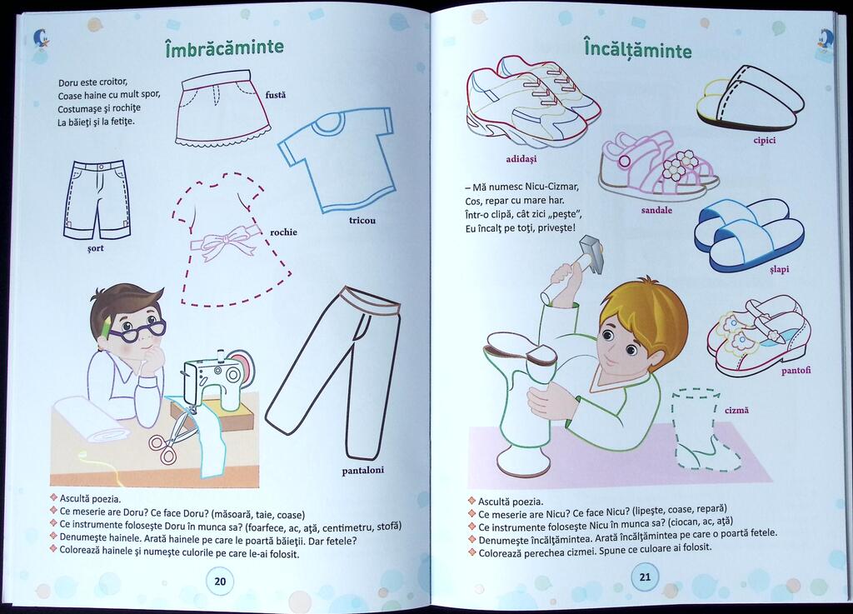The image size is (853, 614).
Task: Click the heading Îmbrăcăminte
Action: click(x=224, y=47)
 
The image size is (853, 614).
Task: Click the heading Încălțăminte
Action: click(x=637, y=49)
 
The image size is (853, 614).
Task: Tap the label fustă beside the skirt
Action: click(x=275, y=95)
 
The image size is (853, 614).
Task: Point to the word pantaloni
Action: click(x=363, y=471)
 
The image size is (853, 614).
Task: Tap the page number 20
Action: click(x=220, y=582)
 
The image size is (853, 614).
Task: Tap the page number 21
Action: click(x=645, y=577)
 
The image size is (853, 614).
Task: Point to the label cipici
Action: click(x=765, y=140)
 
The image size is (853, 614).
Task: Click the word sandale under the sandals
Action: click(x=656, y=210)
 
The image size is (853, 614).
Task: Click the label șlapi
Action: click(x=779, y=269)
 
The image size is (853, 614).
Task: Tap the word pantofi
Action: click(x=796, y=371)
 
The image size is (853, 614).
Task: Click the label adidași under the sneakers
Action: click(x=521, y=159)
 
